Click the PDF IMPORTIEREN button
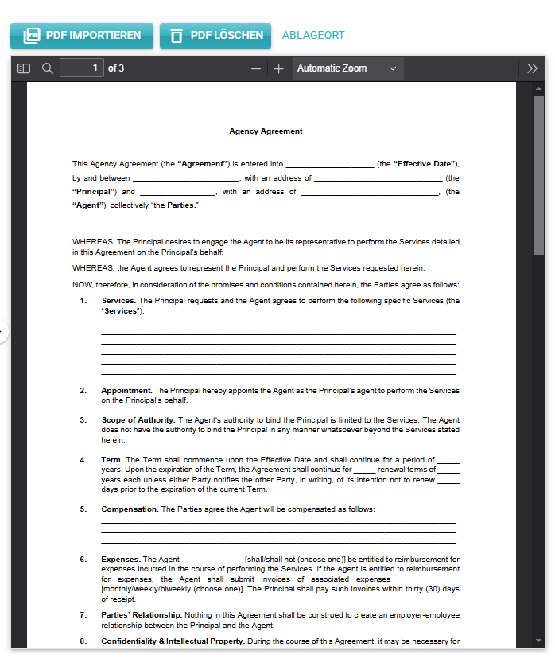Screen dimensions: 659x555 (x=82, y=36)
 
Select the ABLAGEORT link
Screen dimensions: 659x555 (x=313, y=36)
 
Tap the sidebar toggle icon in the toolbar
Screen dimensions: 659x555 (x=24, y=68)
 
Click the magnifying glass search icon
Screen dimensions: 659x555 (x=48, y=68)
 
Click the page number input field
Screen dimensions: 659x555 (x=82, y=68)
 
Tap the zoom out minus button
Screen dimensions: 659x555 (x=255, y=68)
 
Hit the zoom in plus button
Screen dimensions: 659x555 (x=278, y=68)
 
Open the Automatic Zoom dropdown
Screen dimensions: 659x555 (x=347, y=68)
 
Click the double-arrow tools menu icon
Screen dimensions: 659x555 (x=533, y=68)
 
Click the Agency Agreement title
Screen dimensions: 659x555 (x=266, y=131)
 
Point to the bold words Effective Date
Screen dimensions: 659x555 (x=424, y=164)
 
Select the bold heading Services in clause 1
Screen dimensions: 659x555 (x=118, y=301)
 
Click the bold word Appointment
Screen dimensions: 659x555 (x=126, y=391)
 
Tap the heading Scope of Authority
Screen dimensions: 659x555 (x=137, y=420)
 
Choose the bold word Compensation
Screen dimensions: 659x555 (x=130, y=509)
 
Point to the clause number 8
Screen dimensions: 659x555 (x=83, y=641)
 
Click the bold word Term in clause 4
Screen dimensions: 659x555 (x=111, y=460)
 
